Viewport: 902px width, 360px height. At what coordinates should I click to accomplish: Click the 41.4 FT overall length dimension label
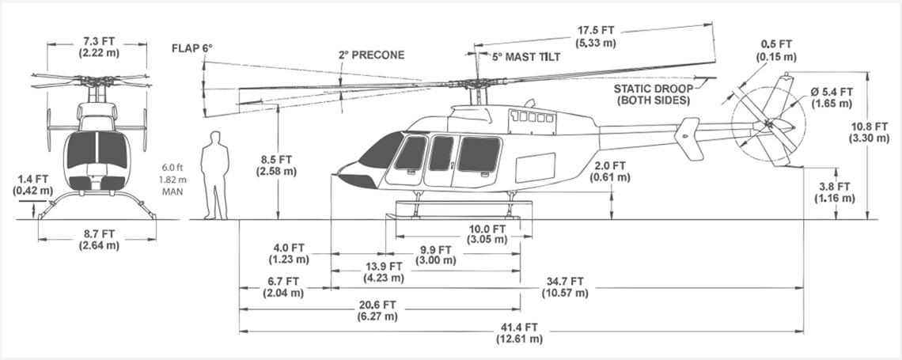519,332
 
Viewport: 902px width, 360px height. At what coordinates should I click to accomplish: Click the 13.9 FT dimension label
381,271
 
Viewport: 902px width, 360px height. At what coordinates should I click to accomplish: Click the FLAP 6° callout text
193,48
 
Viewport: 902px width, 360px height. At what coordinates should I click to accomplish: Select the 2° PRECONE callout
371,55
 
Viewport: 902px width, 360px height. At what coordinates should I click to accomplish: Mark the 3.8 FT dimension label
837,192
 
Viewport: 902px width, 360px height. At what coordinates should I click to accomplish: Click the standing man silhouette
214,175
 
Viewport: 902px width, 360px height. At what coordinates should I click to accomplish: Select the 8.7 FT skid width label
99,240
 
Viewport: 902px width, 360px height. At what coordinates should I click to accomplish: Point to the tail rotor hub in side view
764,124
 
